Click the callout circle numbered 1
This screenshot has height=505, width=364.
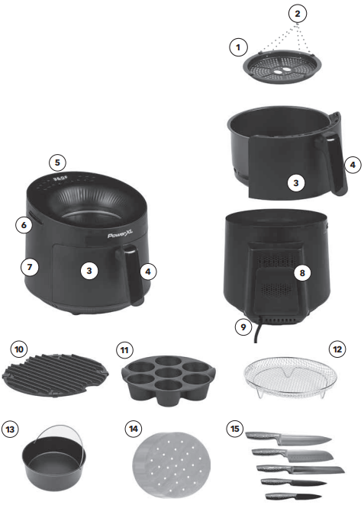(x=238, y=47)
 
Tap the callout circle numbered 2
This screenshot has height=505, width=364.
(x=298, y=14)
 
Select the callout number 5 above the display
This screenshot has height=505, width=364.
(x=57, y=162)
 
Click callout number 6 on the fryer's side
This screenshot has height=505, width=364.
(x=24, y=224)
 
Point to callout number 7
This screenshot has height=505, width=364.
(x=30, y=267)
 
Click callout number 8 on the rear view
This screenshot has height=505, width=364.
(x=302, y=273)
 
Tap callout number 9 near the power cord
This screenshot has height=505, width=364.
(x=243, y=327)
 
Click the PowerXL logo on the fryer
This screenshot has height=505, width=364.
(x=120, y=235)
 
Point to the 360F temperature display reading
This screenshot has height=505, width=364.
(x=60, y=178)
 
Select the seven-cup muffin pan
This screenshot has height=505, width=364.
(x=168, y=378)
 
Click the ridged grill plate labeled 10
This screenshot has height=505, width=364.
(x=55, y=375)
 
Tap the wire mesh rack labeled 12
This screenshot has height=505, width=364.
(x=291, y=377)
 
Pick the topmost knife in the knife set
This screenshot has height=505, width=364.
(x=288, y=439)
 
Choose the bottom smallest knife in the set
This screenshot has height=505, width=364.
(x=293, y=497)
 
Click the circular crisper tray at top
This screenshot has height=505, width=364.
(x=282, y=66)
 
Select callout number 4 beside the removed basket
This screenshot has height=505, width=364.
(x=353, y=165)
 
